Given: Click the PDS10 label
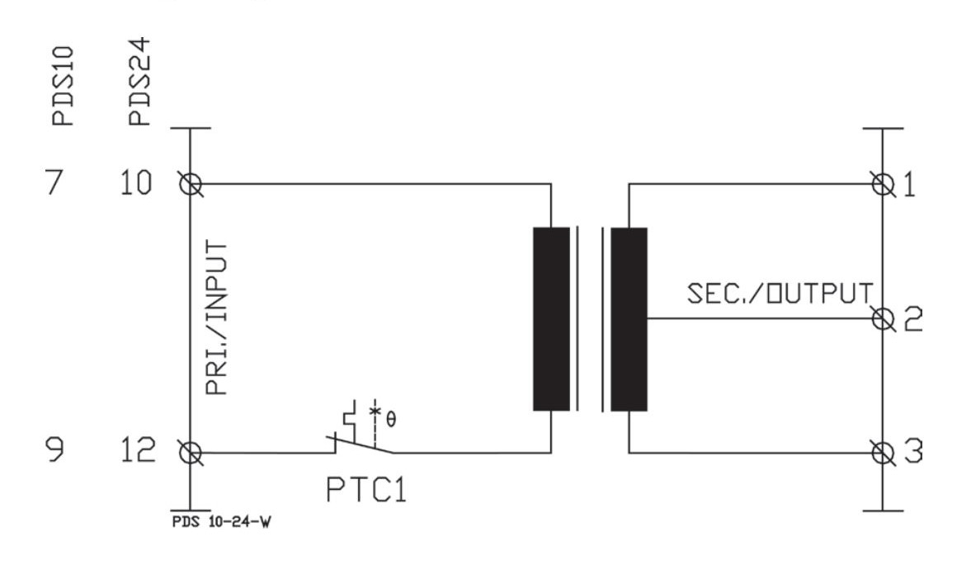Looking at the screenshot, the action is coord(63,86).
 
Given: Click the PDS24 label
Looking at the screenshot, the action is coord(139,81).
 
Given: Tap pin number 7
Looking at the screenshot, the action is coord(55,182).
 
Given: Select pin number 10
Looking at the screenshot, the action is coord(135,182).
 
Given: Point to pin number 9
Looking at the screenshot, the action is coord(55,449).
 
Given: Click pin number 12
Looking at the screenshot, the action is coord(138,450).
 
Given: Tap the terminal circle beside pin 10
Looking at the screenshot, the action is coord(190,184).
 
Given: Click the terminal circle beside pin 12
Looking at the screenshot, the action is coord(190,453).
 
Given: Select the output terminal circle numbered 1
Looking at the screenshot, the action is coord(883,184).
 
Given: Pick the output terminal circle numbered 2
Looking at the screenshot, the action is coord(883,319).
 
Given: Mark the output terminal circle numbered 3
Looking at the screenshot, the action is coord(883,453).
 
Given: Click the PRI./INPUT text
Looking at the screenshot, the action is coord(217,318).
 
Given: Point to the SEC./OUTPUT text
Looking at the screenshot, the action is coord(780,293).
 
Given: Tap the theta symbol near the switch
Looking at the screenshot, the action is coord(391,420).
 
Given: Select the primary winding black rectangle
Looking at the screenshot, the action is coord(551,319).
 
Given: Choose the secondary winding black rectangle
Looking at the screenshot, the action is coord(629,319).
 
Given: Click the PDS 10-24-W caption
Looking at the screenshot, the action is coord(221,521).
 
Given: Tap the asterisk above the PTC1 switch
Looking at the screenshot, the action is coord(375,411).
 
